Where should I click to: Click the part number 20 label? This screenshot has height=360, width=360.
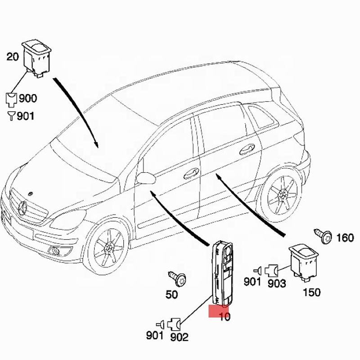click(13, 57)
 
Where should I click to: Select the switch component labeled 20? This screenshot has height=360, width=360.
click(37, 59)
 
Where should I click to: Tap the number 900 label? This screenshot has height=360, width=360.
click(28, 98)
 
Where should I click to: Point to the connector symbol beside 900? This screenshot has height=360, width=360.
click(11, 100)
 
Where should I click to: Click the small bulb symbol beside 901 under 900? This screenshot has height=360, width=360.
click(11, 116)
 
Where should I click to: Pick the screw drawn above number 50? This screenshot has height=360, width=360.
click(177, 278)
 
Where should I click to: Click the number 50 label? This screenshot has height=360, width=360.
click(172, 294)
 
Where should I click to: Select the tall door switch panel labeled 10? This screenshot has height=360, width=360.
click(221, 273)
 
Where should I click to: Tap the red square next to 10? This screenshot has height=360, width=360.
click(218, 311)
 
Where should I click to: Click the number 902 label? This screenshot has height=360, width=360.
click(179, 337)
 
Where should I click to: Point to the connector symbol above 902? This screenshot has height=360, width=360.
click(174, 324)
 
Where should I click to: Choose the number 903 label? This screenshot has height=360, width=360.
click(277, 283)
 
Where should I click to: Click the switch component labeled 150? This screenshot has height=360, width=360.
click(303, 263)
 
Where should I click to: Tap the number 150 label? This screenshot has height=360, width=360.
click(311, 292)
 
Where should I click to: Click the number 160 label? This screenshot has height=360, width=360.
click(345, 238)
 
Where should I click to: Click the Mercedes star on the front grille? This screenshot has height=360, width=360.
click(22, 208)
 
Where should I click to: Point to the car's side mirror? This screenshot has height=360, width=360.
click(146, 178)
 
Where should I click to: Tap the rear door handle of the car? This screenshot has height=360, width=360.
click(247, 149)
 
